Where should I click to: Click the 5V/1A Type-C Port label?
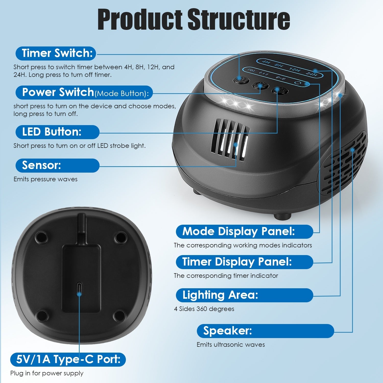tap(68, 360)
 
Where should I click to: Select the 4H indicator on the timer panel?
tap(266, 62)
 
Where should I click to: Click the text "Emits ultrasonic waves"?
tap(231, 345)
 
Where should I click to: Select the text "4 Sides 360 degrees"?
tap(204, 309)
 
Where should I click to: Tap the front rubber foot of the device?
tap(282, 217)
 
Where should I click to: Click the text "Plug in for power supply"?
tap(47, 373)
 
